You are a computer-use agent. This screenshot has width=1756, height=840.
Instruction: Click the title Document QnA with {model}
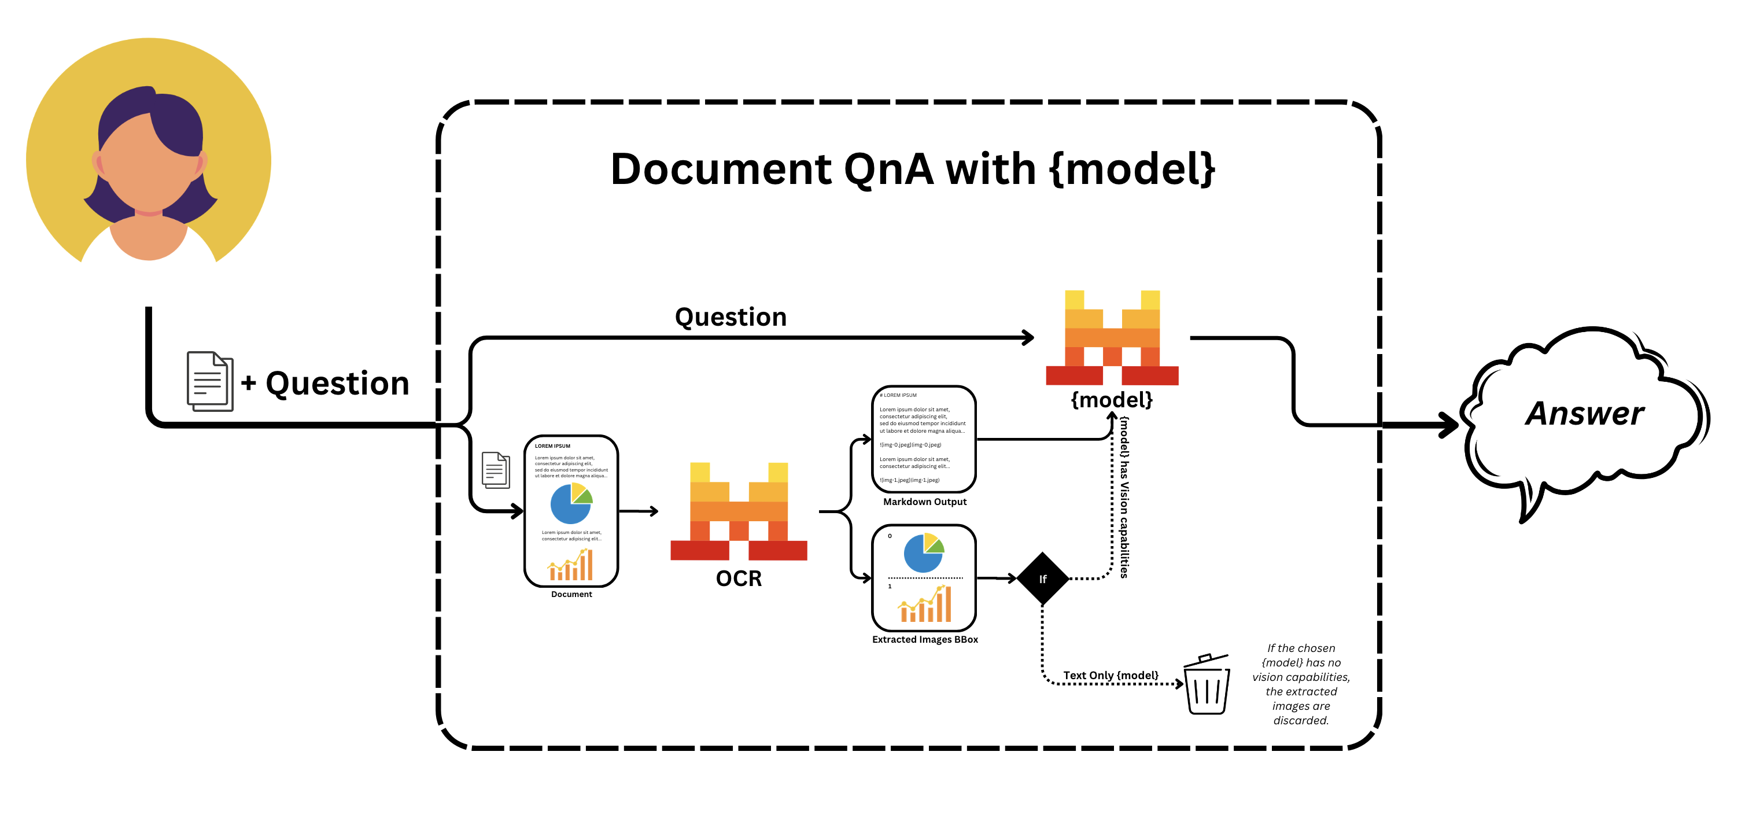click(x=912, y=169)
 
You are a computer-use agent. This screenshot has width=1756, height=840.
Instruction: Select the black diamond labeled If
click(x=1042, y=579)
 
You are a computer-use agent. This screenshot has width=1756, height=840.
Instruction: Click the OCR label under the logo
click(x=738, y=578)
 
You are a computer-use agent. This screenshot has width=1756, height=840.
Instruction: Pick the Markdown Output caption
click(x=924, y=502)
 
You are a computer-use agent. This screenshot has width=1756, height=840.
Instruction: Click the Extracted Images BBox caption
click(x=924, y=640)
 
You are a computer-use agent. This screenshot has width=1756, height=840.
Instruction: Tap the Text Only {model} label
click(x=1111, y=675)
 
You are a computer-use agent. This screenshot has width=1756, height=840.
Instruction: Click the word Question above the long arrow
click(x=730, y=317)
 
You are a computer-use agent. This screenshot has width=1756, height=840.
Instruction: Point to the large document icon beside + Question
click(x=210, y=381)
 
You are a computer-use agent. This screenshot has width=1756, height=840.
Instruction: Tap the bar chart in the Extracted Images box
click(x=925, y=604)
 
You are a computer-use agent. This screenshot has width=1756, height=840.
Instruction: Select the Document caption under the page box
click(x=571, y=595)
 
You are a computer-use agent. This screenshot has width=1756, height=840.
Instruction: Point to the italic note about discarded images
click(x=1301, y=684)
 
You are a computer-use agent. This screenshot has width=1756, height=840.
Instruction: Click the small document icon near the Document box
click(x=496, y=470)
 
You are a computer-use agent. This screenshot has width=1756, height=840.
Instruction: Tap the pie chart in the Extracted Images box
click(x=924, y=553)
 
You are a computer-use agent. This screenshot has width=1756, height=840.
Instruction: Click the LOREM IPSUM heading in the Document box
click(x=552, y=446)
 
